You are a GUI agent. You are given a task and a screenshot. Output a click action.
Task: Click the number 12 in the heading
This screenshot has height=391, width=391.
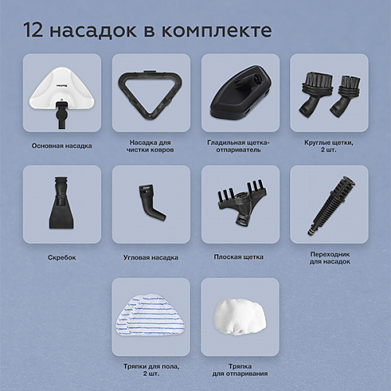(x=33, y=30)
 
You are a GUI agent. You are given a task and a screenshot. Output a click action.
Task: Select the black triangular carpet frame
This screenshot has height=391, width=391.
(x=150, y=94)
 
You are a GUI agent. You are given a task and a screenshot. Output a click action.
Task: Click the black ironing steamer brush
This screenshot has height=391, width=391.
(x=241, y=93)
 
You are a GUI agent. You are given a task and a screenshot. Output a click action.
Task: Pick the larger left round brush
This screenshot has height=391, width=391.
(x=315, y=93)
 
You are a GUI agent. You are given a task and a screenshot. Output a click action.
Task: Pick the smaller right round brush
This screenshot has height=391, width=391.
(x=346, y=96)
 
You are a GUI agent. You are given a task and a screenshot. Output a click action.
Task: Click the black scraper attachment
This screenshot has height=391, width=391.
(x=62, y=203)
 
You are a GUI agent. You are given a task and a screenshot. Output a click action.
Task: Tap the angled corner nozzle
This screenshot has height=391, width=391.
(x=152, y=202)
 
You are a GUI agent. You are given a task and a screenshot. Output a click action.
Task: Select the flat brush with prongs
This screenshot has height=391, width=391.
(x=242, y=203)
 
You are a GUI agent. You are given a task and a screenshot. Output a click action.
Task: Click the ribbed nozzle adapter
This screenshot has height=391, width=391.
(x=331, y=206)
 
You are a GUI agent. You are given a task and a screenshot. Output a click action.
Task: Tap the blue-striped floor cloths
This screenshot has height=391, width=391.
(x=150, y=315)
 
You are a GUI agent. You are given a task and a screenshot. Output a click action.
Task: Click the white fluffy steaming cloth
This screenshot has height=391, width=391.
(x=240, y=316)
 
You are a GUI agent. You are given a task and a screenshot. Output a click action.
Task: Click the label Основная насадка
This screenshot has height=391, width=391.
(x=62, y=146)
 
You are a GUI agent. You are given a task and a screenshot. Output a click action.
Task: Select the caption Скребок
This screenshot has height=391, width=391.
(x=62, y=257)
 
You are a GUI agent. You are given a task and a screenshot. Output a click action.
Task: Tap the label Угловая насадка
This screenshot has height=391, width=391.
(x=151, y=257)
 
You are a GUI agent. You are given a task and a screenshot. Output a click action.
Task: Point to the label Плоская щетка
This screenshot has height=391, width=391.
(x=239, y=257)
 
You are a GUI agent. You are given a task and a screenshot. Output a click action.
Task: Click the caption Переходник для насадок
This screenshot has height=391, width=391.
(x=330, y=258)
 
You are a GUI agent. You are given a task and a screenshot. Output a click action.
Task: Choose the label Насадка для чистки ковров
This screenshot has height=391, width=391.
(x=150, y=146)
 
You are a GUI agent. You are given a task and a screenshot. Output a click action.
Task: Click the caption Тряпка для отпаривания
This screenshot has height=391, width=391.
(x=240, y=370)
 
